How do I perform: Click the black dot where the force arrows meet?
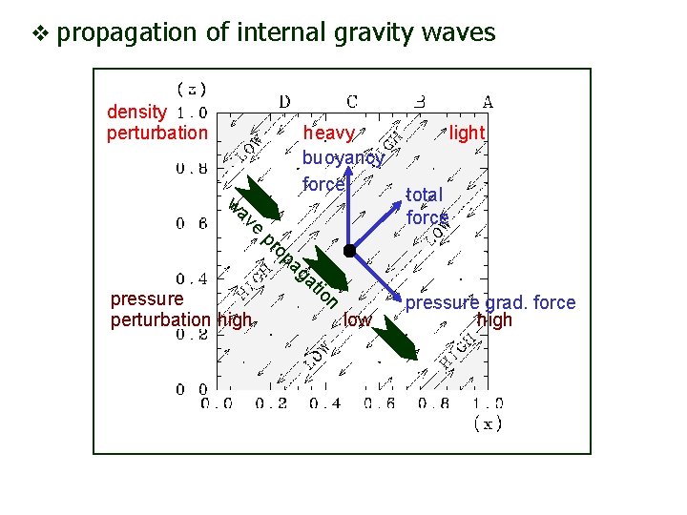point(350,250)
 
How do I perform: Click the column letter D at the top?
point(284,101)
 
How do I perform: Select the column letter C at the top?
point(352,101)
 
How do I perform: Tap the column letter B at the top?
point(420,101)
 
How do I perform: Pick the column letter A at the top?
point(487,101)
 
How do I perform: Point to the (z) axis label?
point(193,89)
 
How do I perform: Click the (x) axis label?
point(489,424)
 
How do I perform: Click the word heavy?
point(328,133)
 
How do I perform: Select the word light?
point(468,133)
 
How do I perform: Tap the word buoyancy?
point(343,157)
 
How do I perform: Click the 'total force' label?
point(427,205)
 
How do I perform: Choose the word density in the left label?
point(135,112)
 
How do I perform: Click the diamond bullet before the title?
point(38,33)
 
